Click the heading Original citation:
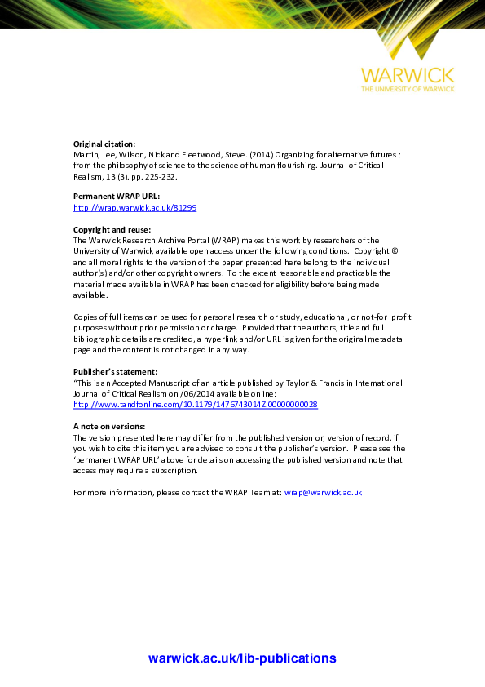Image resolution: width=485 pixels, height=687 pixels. (104, 144)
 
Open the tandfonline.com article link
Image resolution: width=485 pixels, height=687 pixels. (195, 404)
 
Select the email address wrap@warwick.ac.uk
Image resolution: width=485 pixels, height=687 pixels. (323, 493)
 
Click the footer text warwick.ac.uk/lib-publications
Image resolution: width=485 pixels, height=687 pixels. (242, 658)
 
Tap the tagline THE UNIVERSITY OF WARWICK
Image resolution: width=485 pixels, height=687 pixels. (408, 88)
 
